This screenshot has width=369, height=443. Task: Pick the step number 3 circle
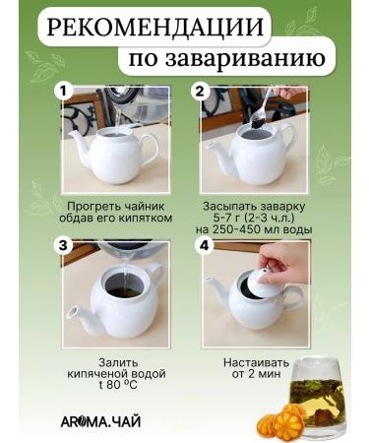tap(64, 244)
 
